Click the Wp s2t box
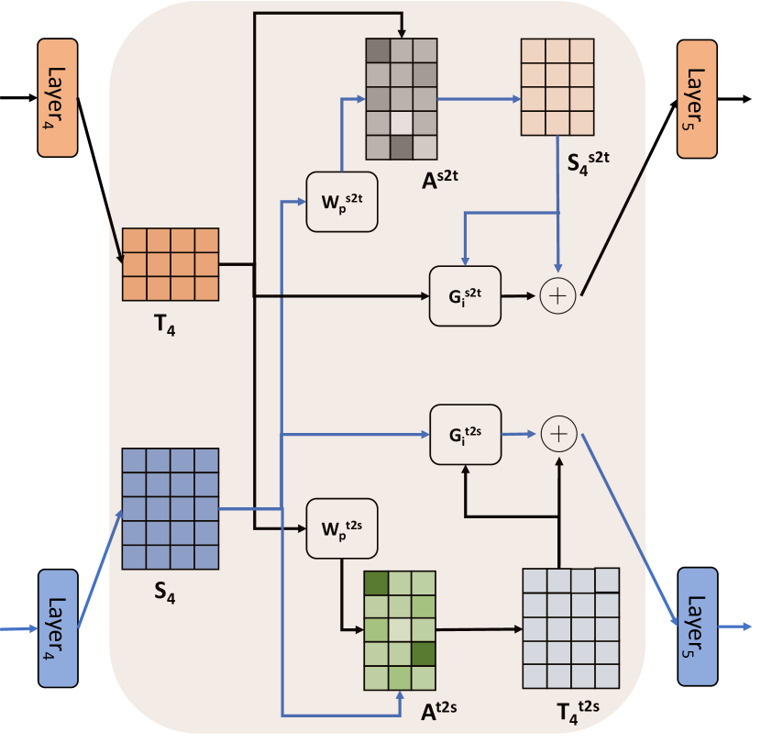(341, 199)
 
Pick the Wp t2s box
(341, 527)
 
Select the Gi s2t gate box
(466, 295)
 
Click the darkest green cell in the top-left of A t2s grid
(376, 582)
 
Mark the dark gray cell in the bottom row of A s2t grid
(401, 146)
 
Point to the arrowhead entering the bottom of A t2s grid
(400, 697)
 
